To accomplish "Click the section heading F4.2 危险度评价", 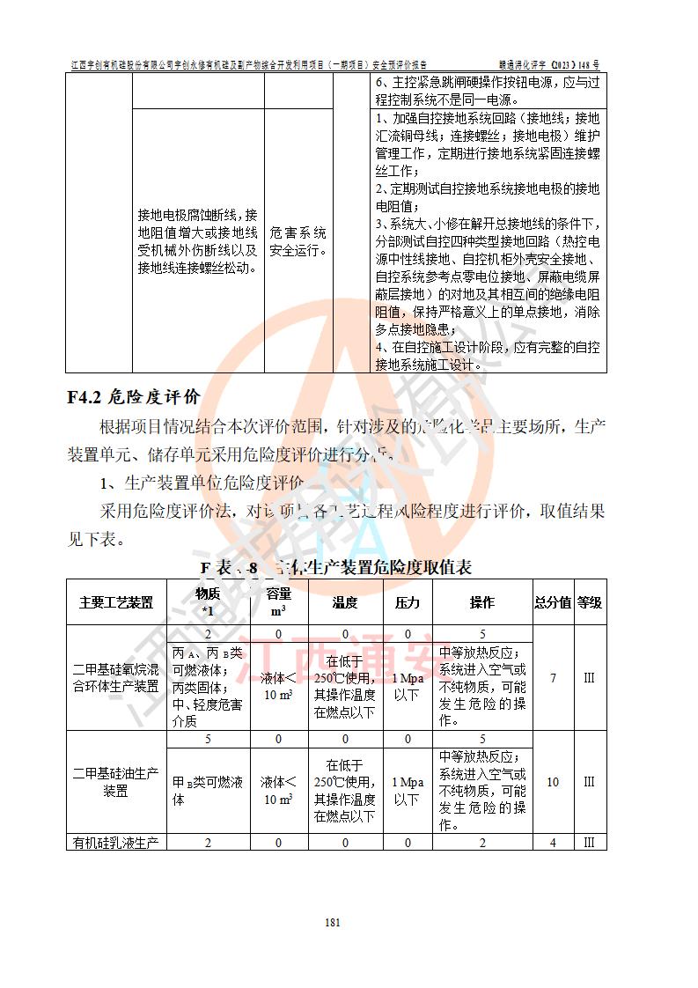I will pyautogui.click(x=134, y=396).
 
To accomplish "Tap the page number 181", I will pyautogui.click(x=333, y=923).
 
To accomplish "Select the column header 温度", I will pyautogui.click(x=345, y=602).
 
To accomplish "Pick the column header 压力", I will pyautogui.click(x=408, y=602).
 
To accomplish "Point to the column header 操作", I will pyautogui.click(x=482, y=602).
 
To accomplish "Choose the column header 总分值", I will pyautogui.click(x=553, y=602).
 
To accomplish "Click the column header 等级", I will pyautogui.click(x=590, y=602).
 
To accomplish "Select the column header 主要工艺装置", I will pyautogui.click(x=116, y=602).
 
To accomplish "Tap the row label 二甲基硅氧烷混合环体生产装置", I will pyautogui.click(x=116, y=678).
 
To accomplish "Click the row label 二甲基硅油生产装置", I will pyautogui.click(x=116, y=782).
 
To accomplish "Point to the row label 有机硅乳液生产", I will pyautogui.click(x=116, y=843).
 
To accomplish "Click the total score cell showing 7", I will pyautogui.click(x=553, y=678).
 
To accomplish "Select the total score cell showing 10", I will pyautogui.click(x=553, y=782).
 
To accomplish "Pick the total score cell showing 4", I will pyautogui.click(x=553, y=843).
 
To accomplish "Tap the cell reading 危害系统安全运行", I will pyautogui.click(x=298, y=241).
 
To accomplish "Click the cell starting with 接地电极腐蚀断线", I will pyautogui.click(x=197, y=241).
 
